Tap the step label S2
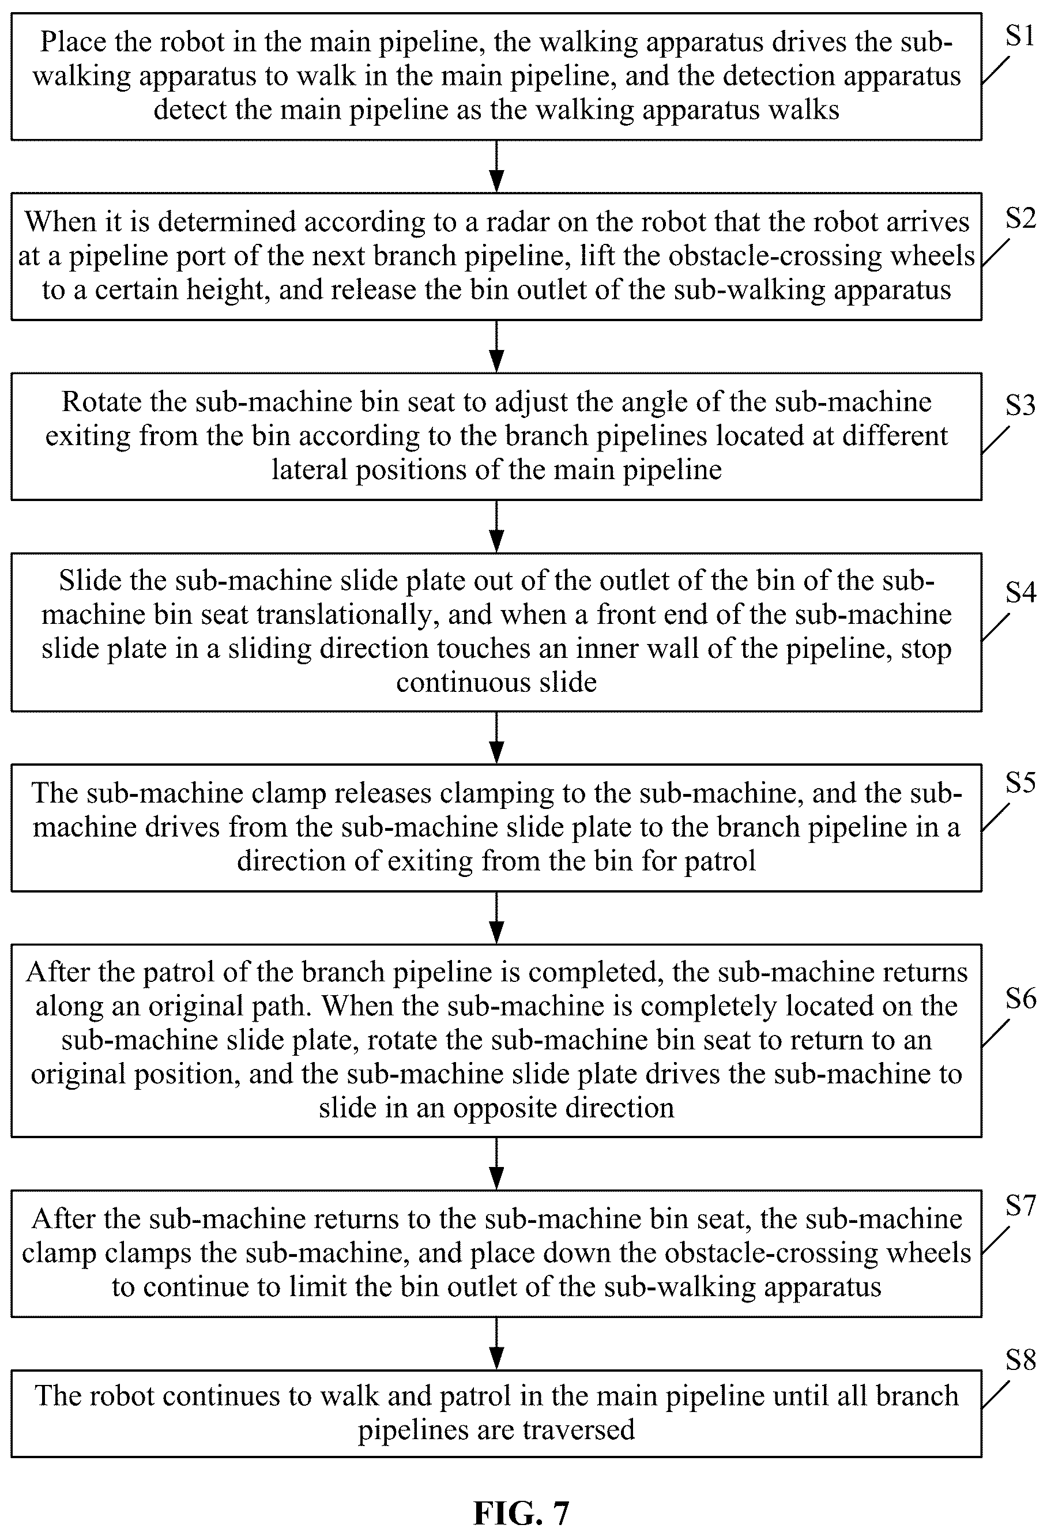tap(1020, 217)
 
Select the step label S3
tap(1020, 405)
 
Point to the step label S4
tap(1020, 592)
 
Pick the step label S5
tap(1020, 782)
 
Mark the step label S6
tap(1020, 999)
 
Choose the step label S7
tap(1020, 1206)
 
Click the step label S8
tap(1020, 1360)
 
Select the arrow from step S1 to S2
tap(496, 166)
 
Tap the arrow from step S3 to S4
tap(496, 526)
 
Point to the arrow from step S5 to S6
tap(496, 917)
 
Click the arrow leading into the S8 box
tap(496, 1343)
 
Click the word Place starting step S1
tap(70, 42)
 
